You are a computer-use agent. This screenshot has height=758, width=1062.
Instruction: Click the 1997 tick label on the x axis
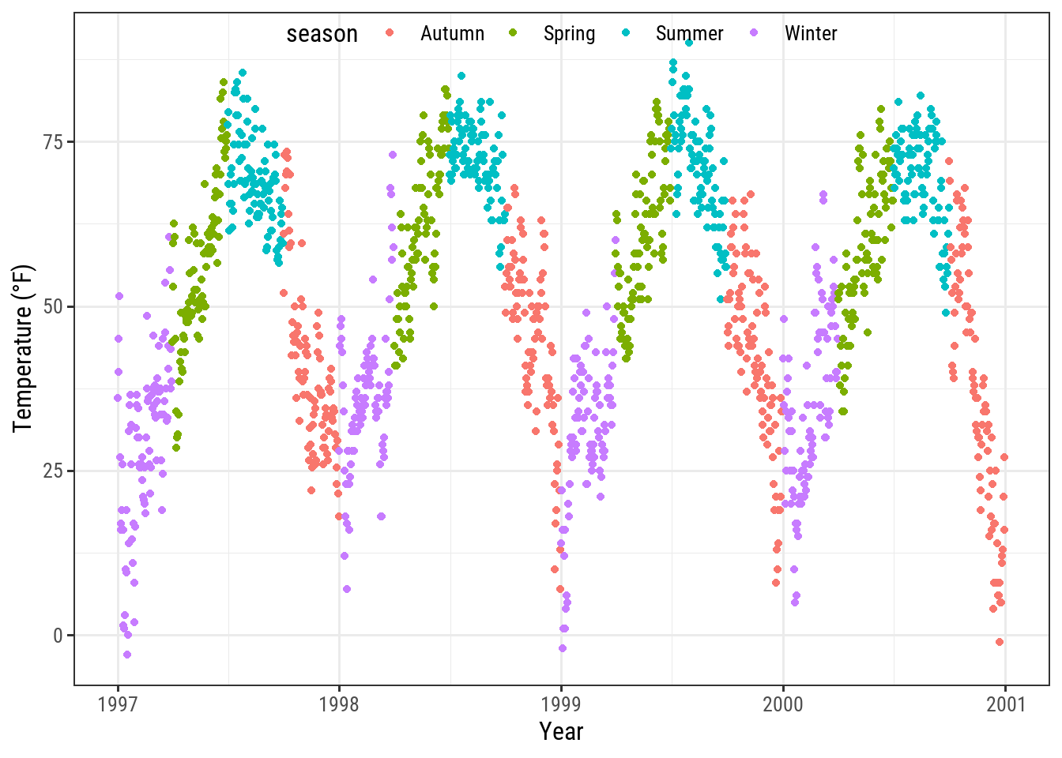point(118,704)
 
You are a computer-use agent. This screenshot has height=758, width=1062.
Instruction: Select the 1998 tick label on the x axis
point(339,704)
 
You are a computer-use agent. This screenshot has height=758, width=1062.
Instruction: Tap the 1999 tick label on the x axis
point(561,704)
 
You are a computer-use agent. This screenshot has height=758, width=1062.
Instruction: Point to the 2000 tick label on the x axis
point(783,704)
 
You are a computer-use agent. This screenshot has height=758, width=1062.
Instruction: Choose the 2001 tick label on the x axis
point(1005,704)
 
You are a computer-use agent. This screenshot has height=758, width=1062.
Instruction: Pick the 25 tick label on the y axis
point(54,471)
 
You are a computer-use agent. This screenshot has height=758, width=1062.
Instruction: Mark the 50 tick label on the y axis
point(54,306)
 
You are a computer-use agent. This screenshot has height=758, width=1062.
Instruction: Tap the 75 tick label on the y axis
point(54,142)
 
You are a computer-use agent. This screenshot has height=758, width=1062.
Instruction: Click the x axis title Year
point(561,731)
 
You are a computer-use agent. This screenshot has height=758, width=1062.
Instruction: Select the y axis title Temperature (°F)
point(24,348)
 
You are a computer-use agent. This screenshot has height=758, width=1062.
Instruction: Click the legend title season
point(322,34)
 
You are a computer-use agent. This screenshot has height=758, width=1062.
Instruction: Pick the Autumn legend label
point(452,34)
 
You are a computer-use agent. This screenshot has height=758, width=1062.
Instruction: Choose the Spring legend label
point(569,34)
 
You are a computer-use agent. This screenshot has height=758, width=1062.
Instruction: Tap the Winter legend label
point(811,34)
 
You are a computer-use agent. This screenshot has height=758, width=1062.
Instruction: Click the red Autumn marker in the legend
point(389,33)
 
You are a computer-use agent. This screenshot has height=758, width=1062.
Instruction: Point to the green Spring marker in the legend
point(512,33)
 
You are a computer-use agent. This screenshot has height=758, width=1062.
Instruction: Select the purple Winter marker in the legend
point(753,33)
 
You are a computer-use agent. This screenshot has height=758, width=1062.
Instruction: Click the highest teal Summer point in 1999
point(689,43)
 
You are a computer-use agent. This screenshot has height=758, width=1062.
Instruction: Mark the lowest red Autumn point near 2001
point(1000,642)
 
